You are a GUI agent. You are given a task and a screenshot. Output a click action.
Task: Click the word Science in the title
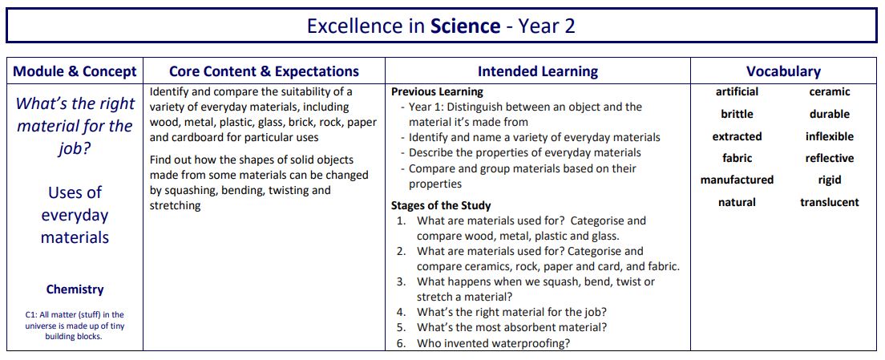coord(465,26)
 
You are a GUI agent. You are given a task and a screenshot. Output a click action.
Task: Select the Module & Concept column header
coord(75,71)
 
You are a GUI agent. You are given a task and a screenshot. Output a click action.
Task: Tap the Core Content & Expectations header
coord(264,71)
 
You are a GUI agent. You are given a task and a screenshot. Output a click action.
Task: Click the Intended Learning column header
coord(537,71)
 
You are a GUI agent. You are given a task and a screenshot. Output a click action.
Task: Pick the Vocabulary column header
coord(783,71)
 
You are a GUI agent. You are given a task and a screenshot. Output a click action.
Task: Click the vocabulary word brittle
coord(737,114)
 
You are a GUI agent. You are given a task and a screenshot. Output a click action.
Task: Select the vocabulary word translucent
coord(829,202)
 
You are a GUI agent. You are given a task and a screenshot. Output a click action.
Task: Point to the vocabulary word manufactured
coord(737,180)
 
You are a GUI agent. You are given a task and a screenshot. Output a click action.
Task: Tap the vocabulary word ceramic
coord(829,92)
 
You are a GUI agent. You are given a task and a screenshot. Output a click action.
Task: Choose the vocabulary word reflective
coord(829,158)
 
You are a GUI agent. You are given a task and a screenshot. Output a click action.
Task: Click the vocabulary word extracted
coord(737,136)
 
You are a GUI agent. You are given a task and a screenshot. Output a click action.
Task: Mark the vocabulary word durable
coord(829,114)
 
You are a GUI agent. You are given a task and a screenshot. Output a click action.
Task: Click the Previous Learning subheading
coord(437,92)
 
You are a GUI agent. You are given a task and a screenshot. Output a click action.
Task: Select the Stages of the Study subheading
coord(441,205)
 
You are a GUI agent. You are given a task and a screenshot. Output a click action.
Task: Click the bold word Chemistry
coord(75,289)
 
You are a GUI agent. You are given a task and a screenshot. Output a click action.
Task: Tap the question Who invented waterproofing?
coord(493,343)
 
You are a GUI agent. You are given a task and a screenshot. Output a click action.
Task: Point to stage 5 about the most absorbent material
coord(511,327)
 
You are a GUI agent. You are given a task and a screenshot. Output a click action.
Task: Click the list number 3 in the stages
coord(401,281)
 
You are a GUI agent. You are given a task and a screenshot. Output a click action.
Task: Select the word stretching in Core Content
coord(175,205)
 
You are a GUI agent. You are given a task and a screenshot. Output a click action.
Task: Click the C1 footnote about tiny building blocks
coord(75,326)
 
